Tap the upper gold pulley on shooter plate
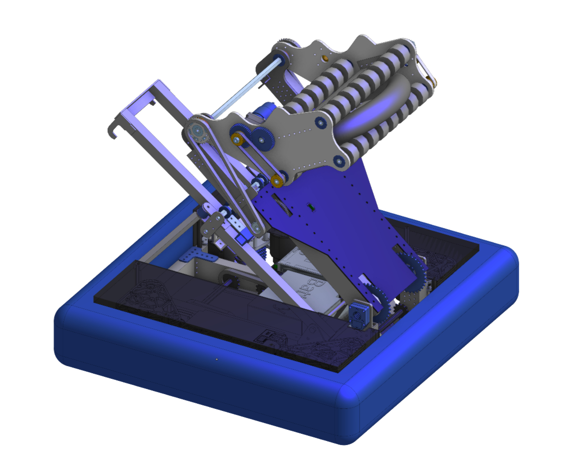coord(237,138)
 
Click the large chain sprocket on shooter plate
coord(195,132)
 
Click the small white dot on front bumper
coord(217,359)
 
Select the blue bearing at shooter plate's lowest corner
coord(338,161)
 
